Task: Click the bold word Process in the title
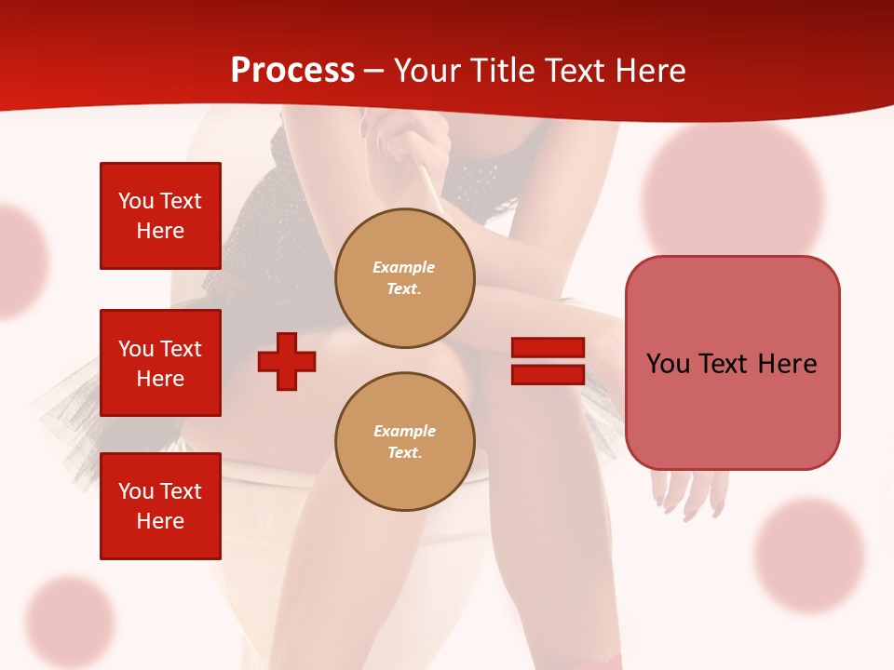coord(292,71)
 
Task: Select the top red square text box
coord(160,216)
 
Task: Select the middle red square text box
coord(160,363)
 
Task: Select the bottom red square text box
coord(160,506)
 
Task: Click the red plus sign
coord(287,360)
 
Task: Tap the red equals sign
coord(548,361)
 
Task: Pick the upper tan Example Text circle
coord(404,277)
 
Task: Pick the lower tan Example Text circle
coord(404,441)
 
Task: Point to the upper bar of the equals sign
coord(548,348)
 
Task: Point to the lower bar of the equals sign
coord(548,374)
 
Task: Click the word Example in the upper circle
coord(404,267)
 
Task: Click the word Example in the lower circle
coord(404,431)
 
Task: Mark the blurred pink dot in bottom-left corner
coord(69,620)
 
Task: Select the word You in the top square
coord(136,201)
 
